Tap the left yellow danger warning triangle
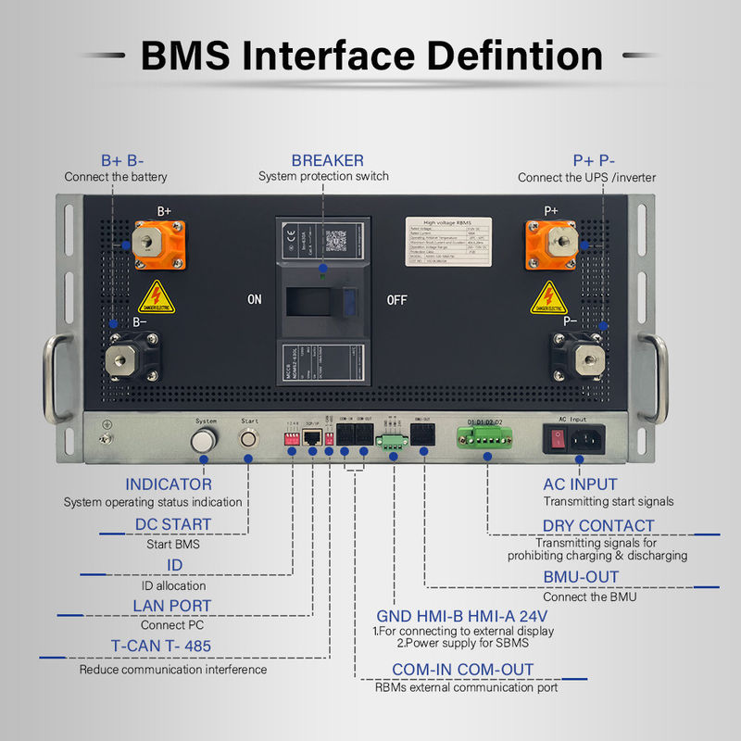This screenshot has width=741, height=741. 157,298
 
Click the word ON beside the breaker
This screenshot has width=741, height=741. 254,300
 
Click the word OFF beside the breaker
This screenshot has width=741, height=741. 397,300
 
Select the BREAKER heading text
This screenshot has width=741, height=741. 327,160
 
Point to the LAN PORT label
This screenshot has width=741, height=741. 171,606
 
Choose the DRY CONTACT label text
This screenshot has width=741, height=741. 597,525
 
